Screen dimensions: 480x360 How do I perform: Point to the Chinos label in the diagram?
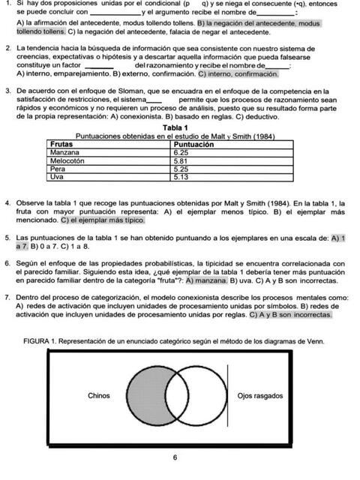click(100, 395)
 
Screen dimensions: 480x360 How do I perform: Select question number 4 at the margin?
click(7, 203)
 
